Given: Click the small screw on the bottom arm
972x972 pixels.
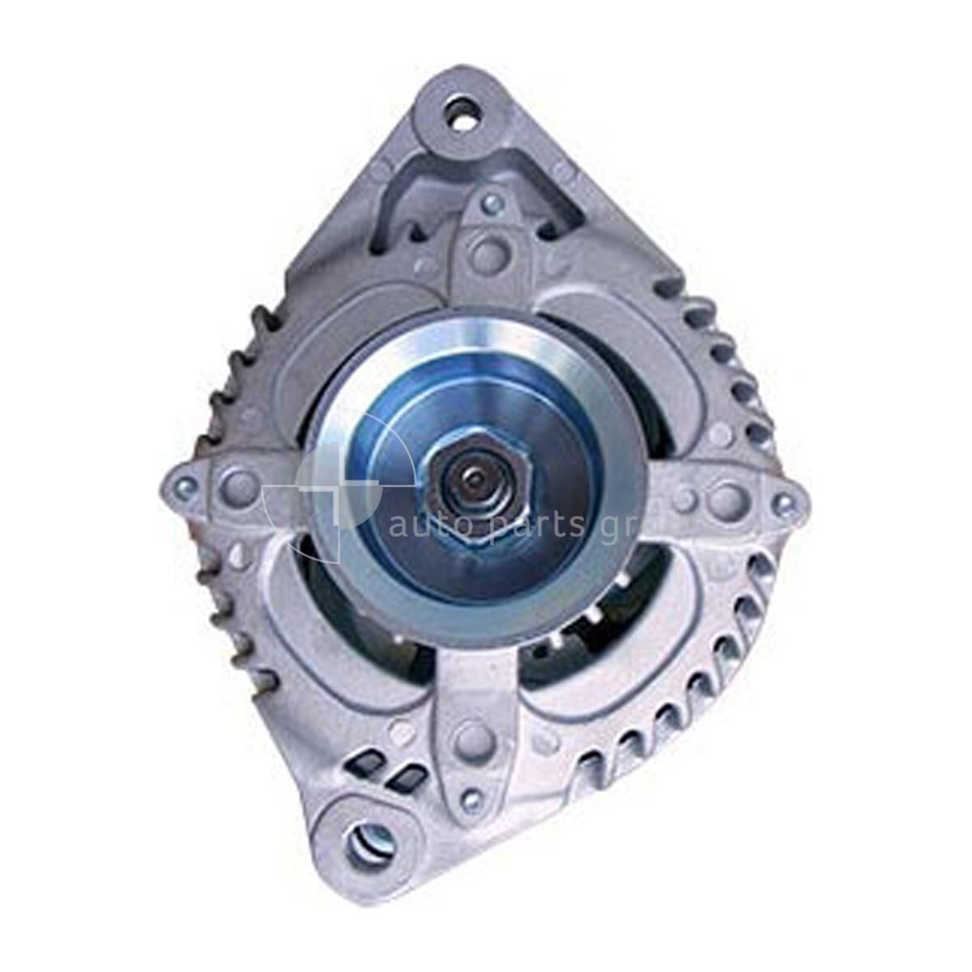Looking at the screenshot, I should pos(470,798).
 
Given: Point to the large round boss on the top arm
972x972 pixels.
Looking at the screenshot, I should pos(489,254).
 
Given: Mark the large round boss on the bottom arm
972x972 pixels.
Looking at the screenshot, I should pos(471,740).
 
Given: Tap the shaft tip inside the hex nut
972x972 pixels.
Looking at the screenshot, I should pos(471,488).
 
